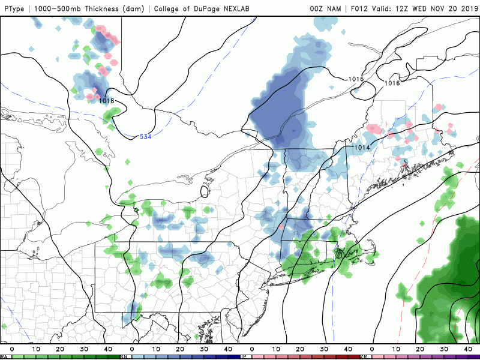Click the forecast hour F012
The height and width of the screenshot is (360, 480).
[361, 8]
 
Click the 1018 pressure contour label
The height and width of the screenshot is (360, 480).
[106, 101]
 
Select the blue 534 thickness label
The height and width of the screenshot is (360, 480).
[146, 137]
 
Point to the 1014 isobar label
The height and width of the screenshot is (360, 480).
[361, 148]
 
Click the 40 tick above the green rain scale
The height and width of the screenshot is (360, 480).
[108, 349]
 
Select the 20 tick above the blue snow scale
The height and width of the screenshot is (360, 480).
[180, 349]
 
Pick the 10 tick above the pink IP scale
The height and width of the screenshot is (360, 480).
[276, 349]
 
